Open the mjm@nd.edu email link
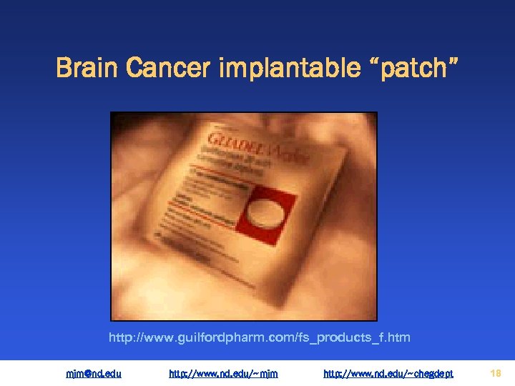93,373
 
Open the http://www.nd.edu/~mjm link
223,373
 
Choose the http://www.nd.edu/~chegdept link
388,373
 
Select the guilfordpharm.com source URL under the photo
259,337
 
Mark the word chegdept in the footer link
430,373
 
